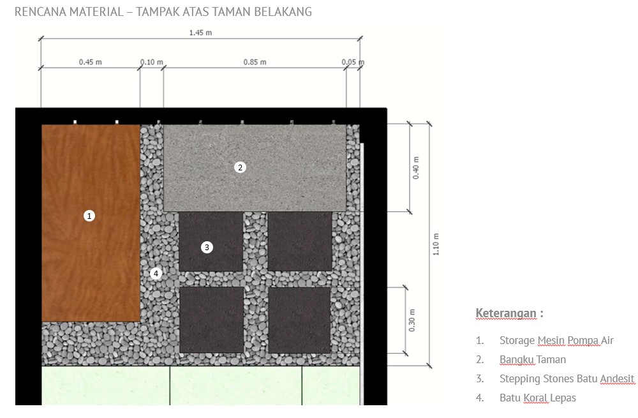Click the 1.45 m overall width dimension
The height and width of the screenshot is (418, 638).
(x=200, y=33)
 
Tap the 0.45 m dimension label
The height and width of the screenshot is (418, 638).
(x=90, y=63)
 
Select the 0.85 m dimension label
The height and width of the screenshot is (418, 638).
(x=255, y=63)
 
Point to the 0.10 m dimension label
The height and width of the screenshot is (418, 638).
(x=152, y=63)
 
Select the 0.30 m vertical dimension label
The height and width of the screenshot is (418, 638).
(x=412, y=320)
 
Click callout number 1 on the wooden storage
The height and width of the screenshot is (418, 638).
(x=89, y=216)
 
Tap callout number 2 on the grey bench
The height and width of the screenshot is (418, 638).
(x=240, y=167)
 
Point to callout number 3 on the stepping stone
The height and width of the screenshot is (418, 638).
(x=206, y=247)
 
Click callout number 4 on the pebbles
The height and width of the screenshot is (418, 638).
(x=156, y=274)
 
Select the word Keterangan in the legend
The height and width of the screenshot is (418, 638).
(x=505, y=313)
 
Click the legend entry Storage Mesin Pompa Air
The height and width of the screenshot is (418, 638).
(x=556, y=340)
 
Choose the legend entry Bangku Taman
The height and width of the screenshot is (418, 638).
(x=532, y=359)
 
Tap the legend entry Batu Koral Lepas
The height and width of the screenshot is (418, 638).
(x=537, y=398)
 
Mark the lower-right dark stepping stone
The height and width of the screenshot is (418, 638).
(x=299, y=320)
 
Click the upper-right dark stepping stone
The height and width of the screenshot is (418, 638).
(x=299, y=241)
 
